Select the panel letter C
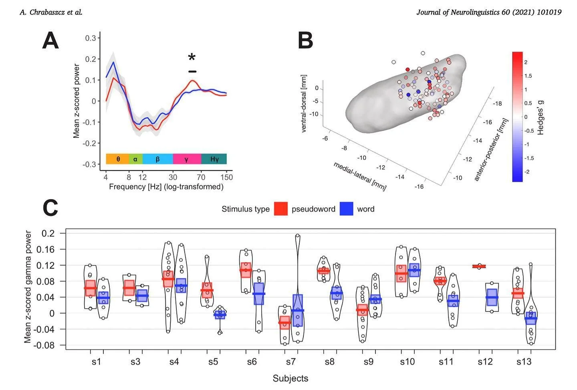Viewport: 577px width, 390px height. [x=50, y=208]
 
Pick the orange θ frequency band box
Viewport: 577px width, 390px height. [x=117, y=159]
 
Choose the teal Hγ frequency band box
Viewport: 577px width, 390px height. [x=214, y=159]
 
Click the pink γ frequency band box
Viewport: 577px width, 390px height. [x=187, y=159]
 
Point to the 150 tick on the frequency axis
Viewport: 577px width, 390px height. [x=226, y=177]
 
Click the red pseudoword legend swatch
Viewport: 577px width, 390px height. [x=281, y=209]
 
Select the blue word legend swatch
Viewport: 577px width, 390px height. [x=346, y=209]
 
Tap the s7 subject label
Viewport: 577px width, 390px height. [x=291, y=362]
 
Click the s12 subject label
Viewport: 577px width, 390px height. [x=485, y=362]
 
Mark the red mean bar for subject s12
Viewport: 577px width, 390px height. [x=479, y=266]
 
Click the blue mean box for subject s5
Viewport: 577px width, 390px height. [x=220, y=315]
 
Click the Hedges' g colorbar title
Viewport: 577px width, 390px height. [x=541, y=117]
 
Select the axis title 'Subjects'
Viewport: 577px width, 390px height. [x=291, y=378]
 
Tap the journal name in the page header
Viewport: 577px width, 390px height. [x=488, y=12]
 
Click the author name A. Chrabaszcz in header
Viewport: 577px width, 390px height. [x=51, y=12]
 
